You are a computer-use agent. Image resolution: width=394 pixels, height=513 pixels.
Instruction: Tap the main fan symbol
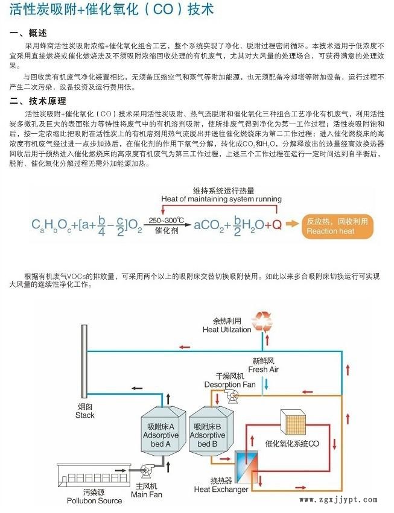(x=146, y=473)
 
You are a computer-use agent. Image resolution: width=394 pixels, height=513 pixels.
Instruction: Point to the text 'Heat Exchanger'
(x=221, y=489)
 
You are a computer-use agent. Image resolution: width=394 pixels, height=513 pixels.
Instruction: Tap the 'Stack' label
(x=85, y=415)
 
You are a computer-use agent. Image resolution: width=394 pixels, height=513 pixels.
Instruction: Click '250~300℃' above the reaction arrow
(x=168, y=220)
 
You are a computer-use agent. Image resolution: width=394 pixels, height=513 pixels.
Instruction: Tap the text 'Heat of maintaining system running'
(x=221, y=199)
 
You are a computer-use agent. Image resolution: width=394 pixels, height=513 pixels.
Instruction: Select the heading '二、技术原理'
(x=39, y=101)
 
